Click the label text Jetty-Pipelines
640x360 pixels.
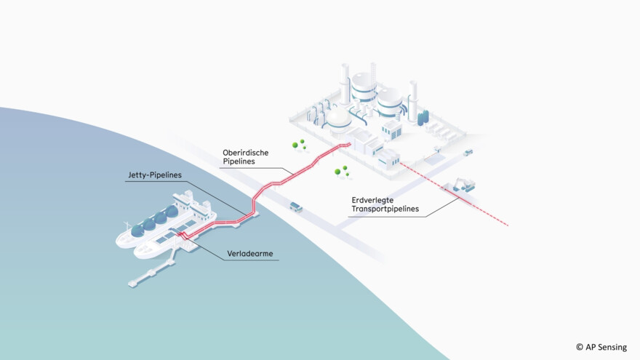click(x=153, y=176)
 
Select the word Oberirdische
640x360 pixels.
click(x=246, y=153)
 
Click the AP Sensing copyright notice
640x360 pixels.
click(x=601, y=348)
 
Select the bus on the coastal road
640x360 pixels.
click(x=296, y=207)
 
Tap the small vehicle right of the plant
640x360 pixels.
click(x=467, y=153)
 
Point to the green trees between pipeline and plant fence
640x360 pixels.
click(x=340, y=172)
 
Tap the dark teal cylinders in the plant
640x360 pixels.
click(x=423, y=118)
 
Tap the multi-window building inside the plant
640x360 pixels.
click(x=391, y=129)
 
